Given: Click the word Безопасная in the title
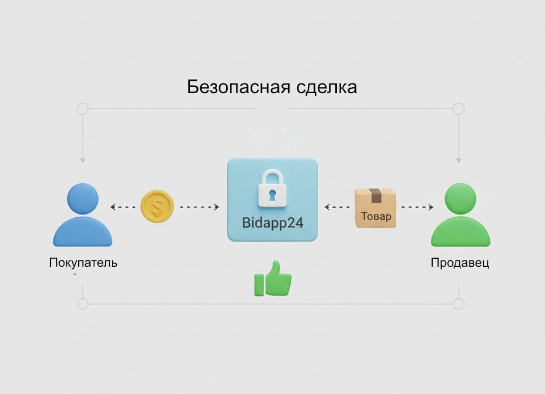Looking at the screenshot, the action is pyautogui.click(x=238, y=87).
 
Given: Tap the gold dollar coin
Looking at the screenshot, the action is pyautogui.click(x=157, y=206).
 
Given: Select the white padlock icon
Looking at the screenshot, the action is pyautogui.click(x=272, y=188).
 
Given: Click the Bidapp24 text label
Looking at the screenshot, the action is pyautogui.click(x=273, y=223).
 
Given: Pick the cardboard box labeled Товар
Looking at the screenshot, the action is pyautogui.click(x=375, y=208).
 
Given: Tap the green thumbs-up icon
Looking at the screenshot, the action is pyautogui.click(x=273, y=278).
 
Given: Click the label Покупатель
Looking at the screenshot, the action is pyautogui.click(x=83, y=262).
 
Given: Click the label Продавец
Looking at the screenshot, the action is pyautogui.click(x=460, y=262).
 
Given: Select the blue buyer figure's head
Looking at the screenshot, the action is pyautogui.click(x=82, y=199).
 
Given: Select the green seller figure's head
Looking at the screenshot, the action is pyautogui.click(x=460, y=199).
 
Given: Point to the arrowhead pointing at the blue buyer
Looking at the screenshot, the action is pyautogui.click(x=113, y=207).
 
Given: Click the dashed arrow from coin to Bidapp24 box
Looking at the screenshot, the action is pyautogui.click(x=200, y=207).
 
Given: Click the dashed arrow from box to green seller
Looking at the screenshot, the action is pyautogui.click(x=417, y=207).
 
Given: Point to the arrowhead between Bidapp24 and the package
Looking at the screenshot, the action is pyautogui.click(x=327, y=207).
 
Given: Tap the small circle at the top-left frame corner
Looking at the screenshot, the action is pyautogui.click(x=82, y=109).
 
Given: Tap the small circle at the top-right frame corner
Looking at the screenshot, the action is pyautogui.click(x=459, y=109).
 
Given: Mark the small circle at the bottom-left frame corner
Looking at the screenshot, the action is pyautogui.click(x=82, y=304).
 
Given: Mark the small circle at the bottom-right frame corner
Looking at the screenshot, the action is pyautogui.click(x=459, y=304).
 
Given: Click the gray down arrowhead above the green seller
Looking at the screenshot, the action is pyautogui.click(x=459, y=161).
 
